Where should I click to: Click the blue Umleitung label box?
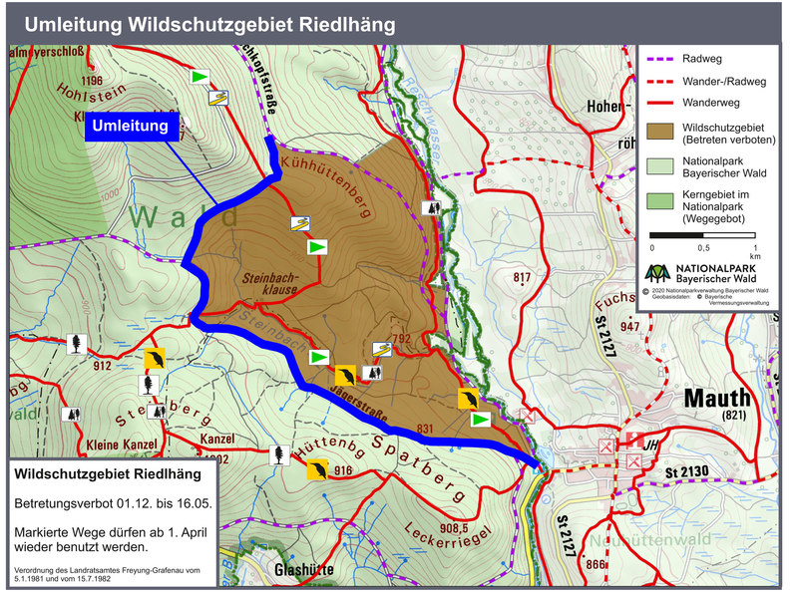point(135,127)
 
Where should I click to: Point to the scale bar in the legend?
point(703,237)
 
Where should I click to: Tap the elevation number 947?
point(629,327)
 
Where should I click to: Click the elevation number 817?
point(522,277)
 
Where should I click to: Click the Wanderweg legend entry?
point(708,102)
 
